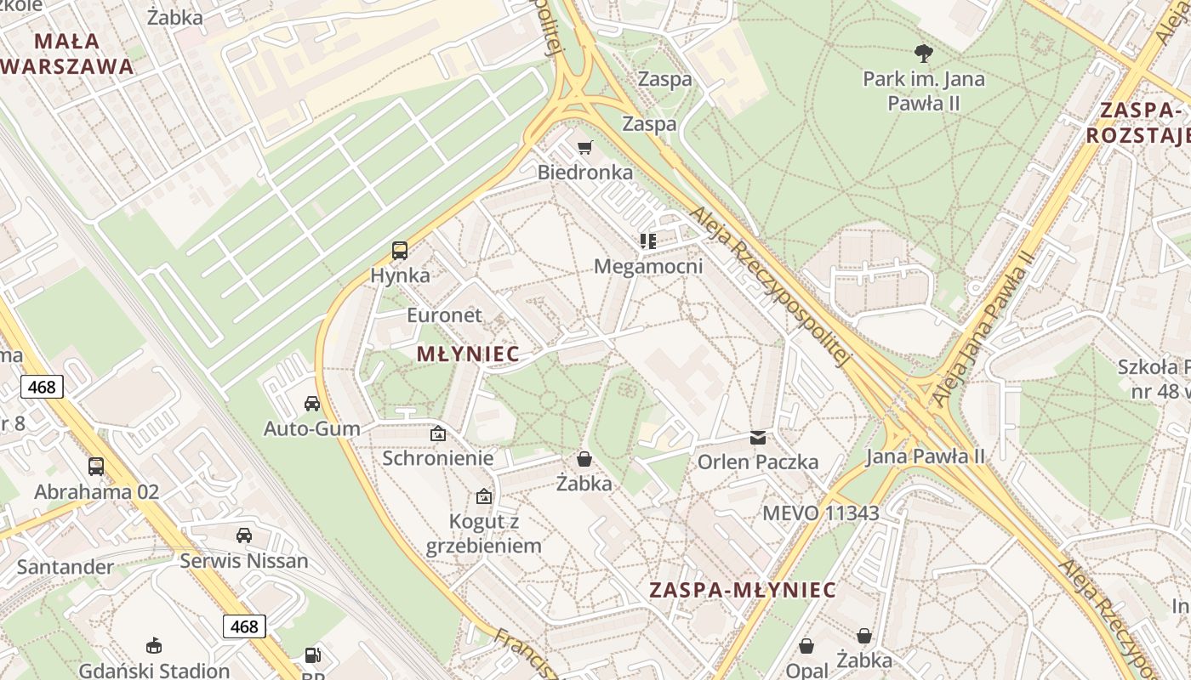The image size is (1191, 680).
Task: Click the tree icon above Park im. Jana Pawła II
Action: (923, 54)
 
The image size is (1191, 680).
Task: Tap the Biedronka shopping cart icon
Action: (584, 148)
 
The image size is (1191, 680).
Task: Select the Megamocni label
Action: (648, 266)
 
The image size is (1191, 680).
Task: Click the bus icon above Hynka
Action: (400, 250)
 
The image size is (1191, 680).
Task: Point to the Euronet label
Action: (444, 315)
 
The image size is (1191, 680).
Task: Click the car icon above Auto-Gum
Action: (312, 403)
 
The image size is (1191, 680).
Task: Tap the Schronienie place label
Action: (437, 458)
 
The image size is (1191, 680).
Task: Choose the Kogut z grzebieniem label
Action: (483, 534)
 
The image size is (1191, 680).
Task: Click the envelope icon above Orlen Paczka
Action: (757, 438)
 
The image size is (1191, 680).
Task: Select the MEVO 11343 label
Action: (820, 513)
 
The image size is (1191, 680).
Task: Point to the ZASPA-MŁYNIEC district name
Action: (743, 590)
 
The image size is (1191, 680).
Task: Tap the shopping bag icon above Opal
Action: (806, 646)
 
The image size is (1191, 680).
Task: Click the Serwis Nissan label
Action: (244, 561)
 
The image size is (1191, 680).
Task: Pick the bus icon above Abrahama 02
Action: (96, 466)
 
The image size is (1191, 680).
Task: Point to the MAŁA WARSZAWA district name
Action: (68, 53)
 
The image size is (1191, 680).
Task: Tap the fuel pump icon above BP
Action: (313, 655)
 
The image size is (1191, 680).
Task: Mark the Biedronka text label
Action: (584, 173)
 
